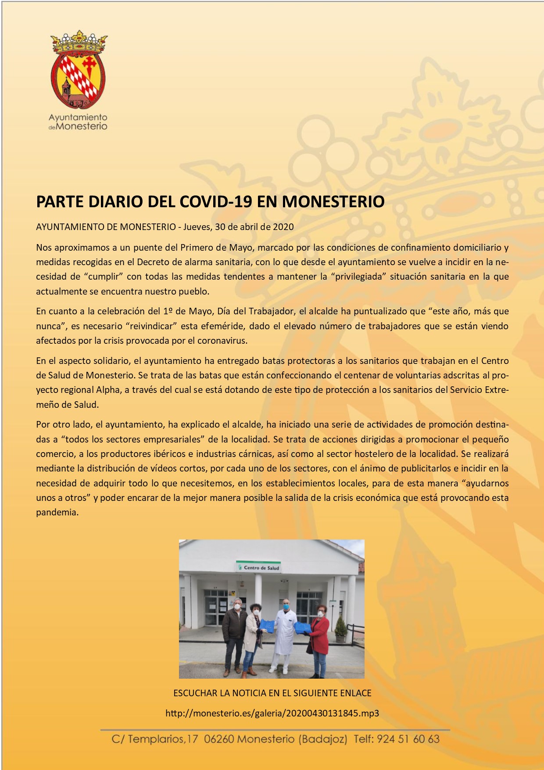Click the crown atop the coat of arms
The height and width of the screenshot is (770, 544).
[79, 42]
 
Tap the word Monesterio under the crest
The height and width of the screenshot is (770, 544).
[82, 126]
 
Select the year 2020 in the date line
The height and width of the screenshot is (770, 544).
[283, 227]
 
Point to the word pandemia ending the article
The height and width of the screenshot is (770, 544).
[57, 512]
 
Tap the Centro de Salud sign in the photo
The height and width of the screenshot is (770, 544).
[259, 568]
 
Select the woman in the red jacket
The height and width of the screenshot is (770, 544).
[319, 639]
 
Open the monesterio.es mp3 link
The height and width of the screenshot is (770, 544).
[272, 713]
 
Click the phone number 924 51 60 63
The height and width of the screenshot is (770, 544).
[408, 739]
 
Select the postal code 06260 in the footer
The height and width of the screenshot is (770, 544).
[219, 739]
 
